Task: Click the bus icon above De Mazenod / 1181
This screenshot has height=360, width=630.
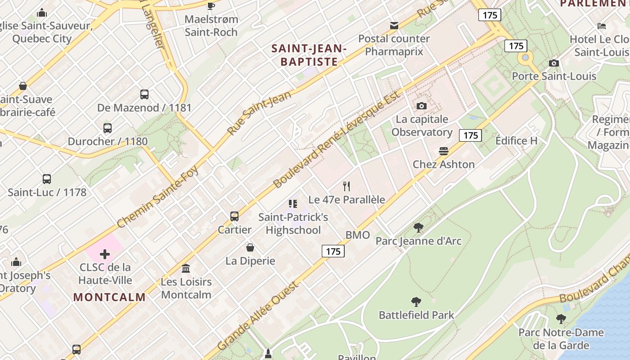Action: tap(144, 94)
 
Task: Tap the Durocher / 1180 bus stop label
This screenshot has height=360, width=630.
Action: tap(108, 141)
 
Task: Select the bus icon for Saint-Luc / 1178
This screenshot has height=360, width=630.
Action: tap(47, 179)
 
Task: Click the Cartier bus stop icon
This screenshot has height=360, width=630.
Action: tap(234, 216)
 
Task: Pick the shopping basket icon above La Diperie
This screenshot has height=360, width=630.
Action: tap(250, 247)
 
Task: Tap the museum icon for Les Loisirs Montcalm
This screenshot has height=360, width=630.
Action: tap(185, 269)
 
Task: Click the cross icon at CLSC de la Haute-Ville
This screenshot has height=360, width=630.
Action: tap(105, 254)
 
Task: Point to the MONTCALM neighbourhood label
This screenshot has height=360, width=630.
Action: tap(109, 297)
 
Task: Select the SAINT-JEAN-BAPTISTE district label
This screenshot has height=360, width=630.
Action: tap(309, 54)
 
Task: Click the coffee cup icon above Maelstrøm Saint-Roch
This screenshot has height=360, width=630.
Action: tap(211, 6)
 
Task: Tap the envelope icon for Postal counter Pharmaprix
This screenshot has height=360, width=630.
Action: tap(394, 26)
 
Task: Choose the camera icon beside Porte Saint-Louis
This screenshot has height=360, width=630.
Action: tap(554, 63)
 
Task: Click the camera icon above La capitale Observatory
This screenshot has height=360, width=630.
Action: tap(421, 106)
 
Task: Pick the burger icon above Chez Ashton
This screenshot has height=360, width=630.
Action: tap(444, 151)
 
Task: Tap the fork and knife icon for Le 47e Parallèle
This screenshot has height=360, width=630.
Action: tap(346, 186)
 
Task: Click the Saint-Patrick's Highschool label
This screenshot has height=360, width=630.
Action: tap(293, 224)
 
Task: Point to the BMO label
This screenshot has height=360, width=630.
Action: tap(358, 235)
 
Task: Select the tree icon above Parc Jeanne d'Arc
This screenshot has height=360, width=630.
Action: tap(418, 228)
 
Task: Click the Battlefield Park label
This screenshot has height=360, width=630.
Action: tap(416, 315)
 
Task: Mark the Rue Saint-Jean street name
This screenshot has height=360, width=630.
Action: tap(260, 112)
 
